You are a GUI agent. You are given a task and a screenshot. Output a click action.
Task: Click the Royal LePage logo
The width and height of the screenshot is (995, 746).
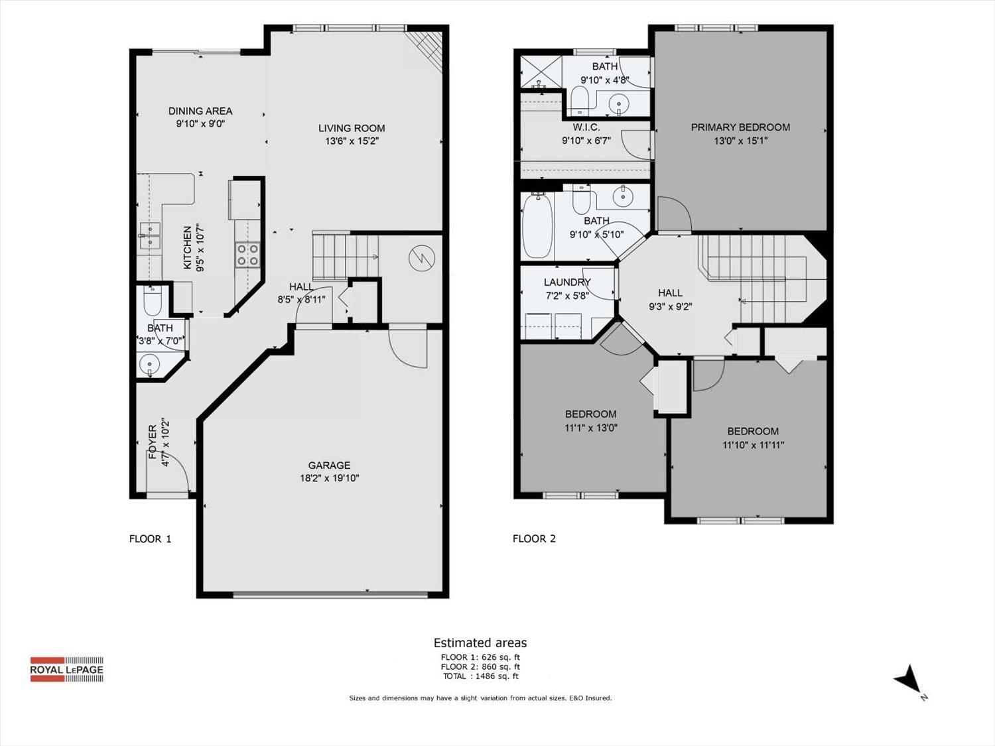(x=66, y=669)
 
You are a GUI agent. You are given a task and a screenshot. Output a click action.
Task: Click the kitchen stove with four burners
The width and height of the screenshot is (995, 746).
(x=247, y=254)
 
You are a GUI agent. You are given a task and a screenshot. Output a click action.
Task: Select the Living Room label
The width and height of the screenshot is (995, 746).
(x=352, y=128)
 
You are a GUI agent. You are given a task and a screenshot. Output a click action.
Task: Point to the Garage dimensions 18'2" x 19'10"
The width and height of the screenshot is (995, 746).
(x=329, y=478)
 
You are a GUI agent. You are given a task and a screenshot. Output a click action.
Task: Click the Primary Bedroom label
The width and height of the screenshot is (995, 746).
(x=740, y=127)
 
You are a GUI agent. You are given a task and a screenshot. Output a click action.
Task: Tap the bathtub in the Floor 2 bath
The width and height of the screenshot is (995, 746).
(x=537, y=227)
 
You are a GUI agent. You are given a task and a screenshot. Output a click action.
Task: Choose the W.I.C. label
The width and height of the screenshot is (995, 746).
(x=586, y=128)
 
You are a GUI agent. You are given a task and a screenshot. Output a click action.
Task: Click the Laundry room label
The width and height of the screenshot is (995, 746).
(x=567, y=282)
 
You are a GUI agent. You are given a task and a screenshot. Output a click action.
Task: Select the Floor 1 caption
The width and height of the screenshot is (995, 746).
(x=150, y=538)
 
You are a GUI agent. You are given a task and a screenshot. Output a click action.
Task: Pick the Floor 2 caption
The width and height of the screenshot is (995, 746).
(x=534, y=538)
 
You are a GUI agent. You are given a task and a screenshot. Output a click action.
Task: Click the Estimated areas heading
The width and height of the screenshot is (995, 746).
(x=480, y=643)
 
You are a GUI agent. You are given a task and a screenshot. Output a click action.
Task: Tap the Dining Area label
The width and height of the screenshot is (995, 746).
(x=200, y=111)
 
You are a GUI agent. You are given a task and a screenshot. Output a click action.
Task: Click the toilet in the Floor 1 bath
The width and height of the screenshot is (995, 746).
(x=153, y=301)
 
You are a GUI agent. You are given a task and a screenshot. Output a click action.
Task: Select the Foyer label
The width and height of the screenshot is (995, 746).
(x=153, y=442)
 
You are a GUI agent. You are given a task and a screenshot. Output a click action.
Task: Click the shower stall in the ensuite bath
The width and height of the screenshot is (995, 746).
(x=541, y=72)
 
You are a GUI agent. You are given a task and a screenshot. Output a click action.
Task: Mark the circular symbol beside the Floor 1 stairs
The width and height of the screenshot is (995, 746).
(x=422, y=258)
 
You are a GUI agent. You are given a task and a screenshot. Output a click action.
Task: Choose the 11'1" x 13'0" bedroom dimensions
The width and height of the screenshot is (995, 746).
(x=591, y=428)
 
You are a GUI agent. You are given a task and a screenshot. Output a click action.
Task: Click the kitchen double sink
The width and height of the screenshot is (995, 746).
(x=149, y=236)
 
